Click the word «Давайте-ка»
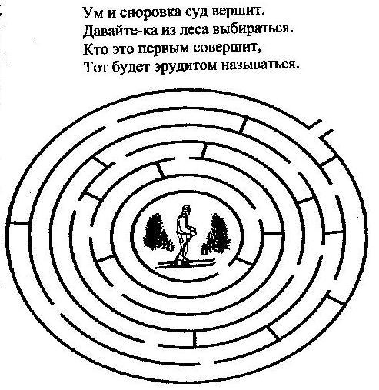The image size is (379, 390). (x=121, y=31)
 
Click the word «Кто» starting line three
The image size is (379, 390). (x=95, y=48)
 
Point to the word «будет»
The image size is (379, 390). (x=131, y=67)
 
